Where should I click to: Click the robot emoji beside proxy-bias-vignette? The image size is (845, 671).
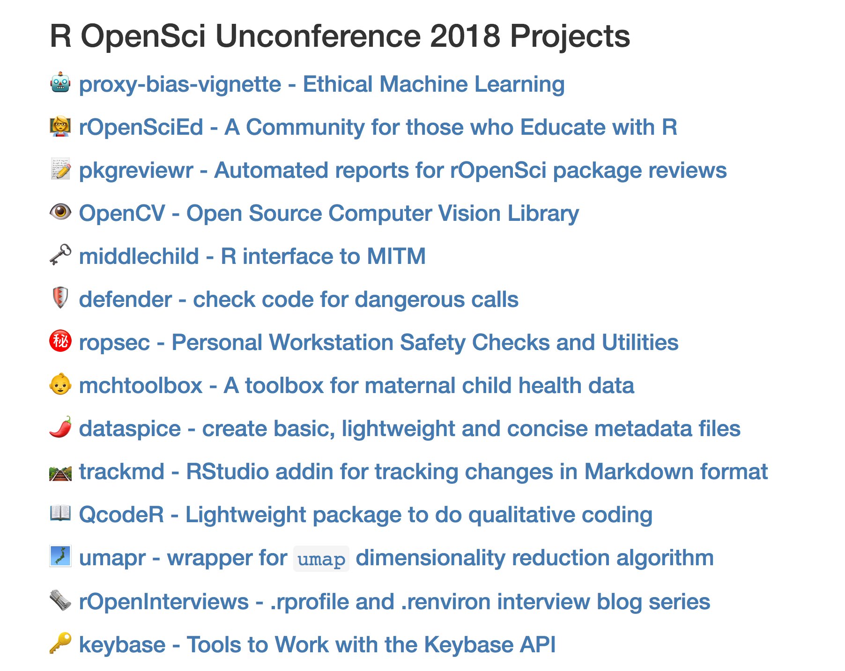click(x=60, y=83)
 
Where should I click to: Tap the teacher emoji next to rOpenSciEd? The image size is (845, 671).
click(x=60, y=126)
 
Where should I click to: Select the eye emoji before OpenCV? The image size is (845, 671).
click(x=60, y=212)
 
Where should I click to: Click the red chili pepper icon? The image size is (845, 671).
click(x=60, y=427)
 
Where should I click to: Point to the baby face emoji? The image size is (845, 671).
click(x=60, y=384)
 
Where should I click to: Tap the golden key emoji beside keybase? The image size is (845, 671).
click(x=60, y=643)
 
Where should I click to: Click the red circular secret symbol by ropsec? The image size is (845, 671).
click(x=60, y=341)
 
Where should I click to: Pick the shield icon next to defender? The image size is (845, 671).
click(x=60, y=298)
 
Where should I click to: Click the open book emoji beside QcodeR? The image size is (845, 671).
click(x=60, y=513)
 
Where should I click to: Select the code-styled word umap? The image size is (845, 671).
click(x=321, y=559)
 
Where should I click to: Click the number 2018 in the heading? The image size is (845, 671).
click(x=465, y=36)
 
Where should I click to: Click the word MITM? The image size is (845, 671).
click(x=396, y=256)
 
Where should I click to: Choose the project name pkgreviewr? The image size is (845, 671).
click(x=136, y=171)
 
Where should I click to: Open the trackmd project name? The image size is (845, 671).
click(x=122, y=472)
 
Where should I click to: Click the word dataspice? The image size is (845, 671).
click(x=130, y=429)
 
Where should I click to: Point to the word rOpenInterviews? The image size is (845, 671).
click(x=164, y=602)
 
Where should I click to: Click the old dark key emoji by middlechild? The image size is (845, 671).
click(x=60, y=255)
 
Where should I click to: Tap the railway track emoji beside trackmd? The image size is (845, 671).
click(x=60, y=472)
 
